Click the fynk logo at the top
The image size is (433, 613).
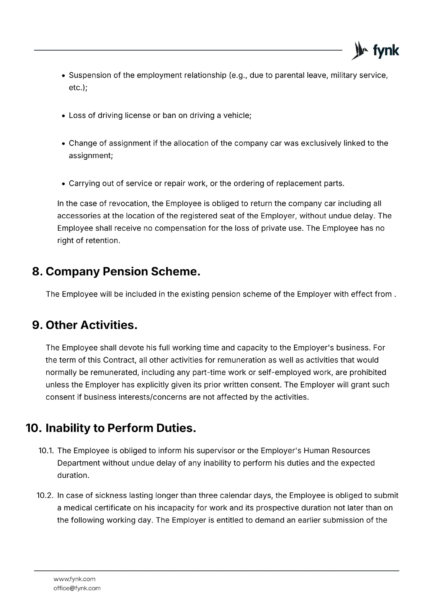coord(375,50)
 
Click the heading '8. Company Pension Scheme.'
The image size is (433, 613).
coord(116,272)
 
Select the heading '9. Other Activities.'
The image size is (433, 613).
coord(85,325)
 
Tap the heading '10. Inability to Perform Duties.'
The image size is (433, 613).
coord(111,428)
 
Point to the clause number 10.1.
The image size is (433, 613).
coord(46,451)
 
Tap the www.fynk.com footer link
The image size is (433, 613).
coord(74,579)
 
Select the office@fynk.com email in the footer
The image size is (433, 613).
coord(77,588)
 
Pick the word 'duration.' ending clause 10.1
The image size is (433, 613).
coord(73,475)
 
